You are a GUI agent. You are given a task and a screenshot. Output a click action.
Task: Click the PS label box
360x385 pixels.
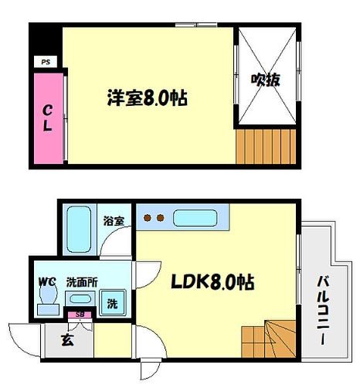(46, 62)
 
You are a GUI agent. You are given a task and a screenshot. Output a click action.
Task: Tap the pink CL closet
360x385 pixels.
(49, 118)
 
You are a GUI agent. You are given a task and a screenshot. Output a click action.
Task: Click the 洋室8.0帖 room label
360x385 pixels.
(148, 97)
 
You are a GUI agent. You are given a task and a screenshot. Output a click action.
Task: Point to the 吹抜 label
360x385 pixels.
(266, 80)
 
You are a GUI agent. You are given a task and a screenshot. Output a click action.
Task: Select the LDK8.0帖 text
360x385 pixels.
(212, 281)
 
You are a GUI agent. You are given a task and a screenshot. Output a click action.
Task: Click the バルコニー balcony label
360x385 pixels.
(323, 310)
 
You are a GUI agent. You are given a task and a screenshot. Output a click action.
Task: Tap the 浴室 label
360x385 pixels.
(114, 221)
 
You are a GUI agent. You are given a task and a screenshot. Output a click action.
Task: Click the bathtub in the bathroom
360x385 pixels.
(79, 230)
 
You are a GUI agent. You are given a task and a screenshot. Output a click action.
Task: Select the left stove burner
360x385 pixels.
(148, 218)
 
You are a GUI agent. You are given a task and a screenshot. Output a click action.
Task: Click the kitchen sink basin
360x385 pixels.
(195, 218)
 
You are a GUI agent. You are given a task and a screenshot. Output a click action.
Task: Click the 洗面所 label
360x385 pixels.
(82, 282)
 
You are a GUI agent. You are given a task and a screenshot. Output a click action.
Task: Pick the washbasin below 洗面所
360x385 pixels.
(80, 299)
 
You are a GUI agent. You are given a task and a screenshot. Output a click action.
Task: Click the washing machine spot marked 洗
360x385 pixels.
(113, 303)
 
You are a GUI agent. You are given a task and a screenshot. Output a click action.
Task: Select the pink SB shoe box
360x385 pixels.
(80, 315)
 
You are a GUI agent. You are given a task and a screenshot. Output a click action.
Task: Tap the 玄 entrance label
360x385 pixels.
(68, 340)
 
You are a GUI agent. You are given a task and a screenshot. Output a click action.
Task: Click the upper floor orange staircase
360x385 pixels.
(266, 146)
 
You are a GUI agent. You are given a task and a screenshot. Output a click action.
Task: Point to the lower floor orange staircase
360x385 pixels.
(268, 339)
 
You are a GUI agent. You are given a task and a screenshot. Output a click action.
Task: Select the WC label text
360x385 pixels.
(47, 282)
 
